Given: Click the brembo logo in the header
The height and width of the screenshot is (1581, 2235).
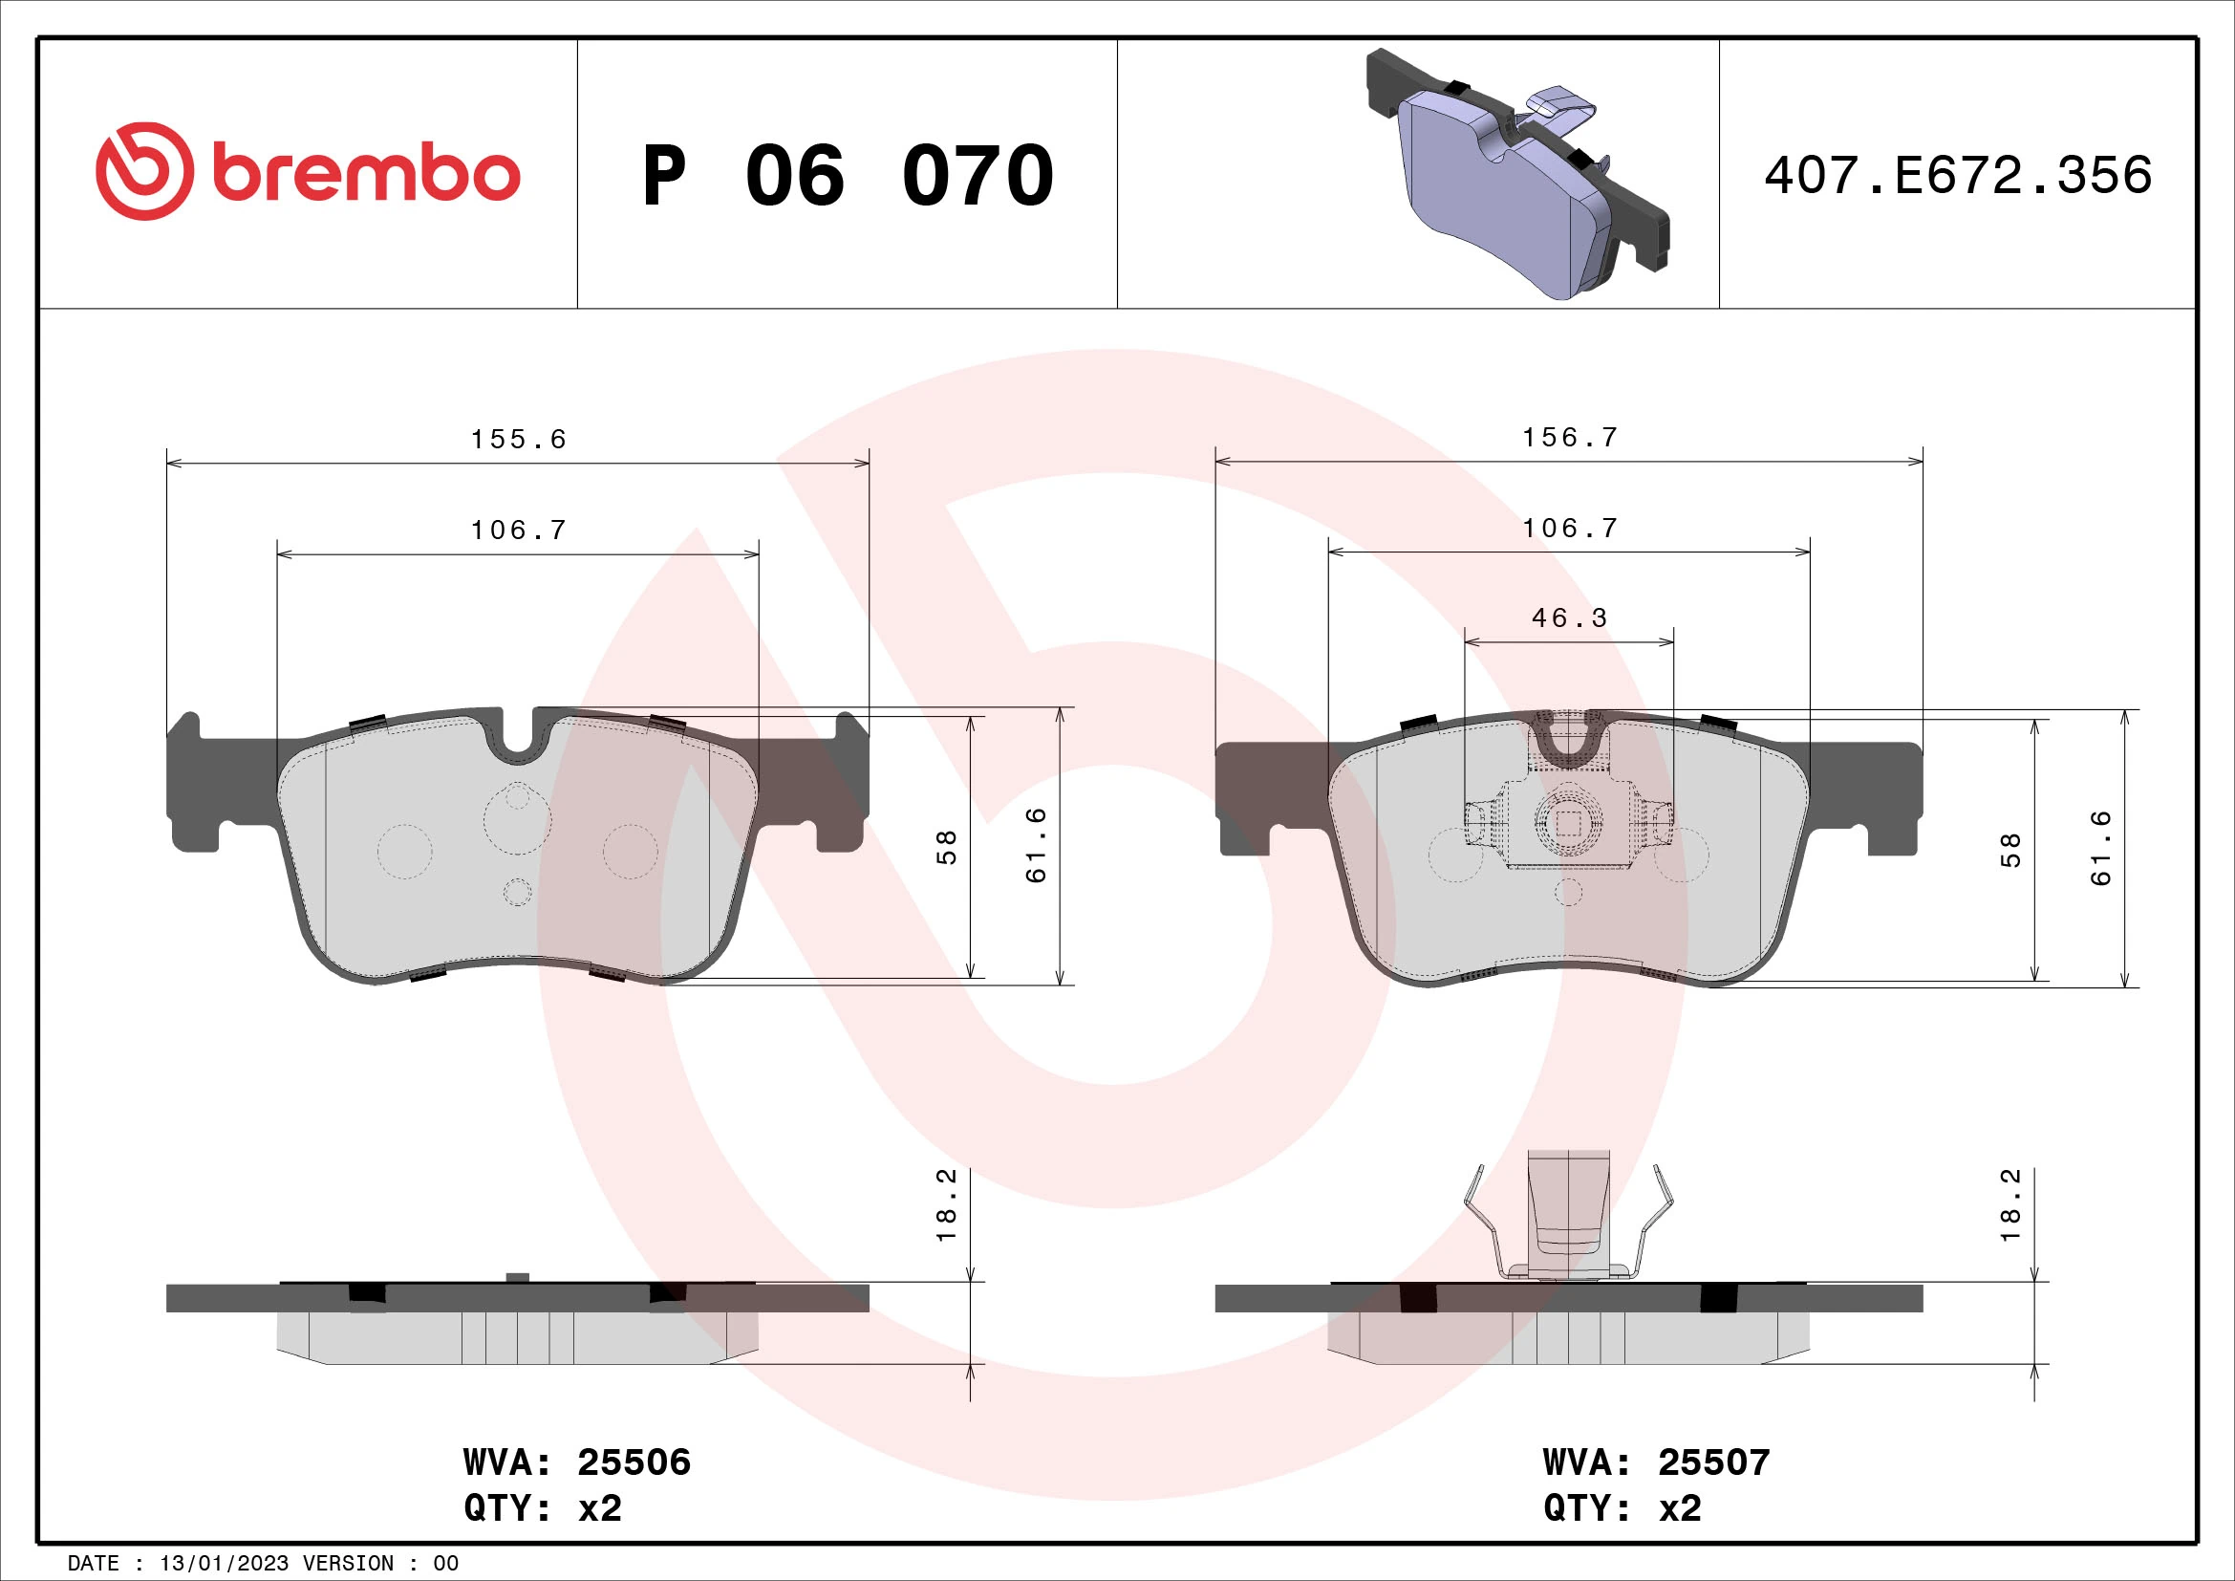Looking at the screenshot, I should (308, 172).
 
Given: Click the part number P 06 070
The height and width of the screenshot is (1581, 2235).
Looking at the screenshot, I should (847, 176).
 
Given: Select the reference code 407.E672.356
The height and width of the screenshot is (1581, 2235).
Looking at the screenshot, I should (1958, 176).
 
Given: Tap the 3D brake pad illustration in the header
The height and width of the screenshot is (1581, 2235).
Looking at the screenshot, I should (1517, 175).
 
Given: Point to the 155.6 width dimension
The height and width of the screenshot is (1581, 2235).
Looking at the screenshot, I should (518, 440).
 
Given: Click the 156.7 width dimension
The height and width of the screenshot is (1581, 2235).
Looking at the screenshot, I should (1569, 438).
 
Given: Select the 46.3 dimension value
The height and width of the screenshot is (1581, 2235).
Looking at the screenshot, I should (1569, 618).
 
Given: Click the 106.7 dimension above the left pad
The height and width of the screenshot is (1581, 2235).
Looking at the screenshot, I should (518, 531).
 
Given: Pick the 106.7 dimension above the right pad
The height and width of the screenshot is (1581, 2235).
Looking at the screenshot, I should (1569, 529).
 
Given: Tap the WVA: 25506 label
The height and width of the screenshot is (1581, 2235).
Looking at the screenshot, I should (576, 1462).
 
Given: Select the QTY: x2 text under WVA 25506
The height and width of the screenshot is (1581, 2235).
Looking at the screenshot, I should (542, 1508).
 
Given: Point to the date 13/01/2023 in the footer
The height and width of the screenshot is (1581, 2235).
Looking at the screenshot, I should (224, 1564).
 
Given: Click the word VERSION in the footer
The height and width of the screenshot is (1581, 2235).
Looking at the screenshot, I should (348, 1564).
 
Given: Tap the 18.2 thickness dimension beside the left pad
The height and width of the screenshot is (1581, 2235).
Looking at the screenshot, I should (947, 1205).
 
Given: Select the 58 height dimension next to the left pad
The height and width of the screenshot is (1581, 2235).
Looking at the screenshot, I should (947, 847).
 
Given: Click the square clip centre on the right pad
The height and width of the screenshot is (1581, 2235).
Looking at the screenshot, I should (1568, 824).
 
